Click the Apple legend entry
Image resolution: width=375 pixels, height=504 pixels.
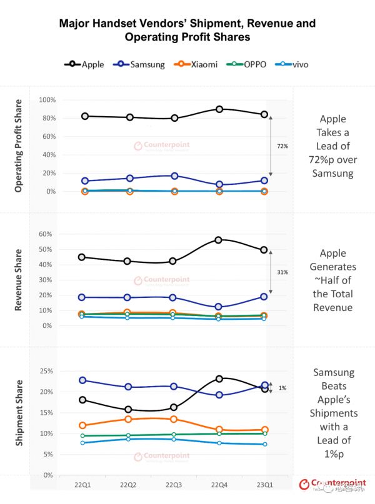84,64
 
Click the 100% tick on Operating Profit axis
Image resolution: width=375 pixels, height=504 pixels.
47,100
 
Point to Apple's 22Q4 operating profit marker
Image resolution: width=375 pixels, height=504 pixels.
219,109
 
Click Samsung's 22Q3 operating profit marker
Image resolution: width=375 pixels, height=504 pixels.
175,176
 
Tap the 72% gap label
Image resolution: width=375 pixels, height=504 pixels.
282,146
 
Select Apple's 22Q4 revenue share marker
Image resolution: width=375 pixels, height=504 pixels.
219,240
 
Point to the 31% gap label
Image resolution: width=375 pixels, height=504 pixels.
282,272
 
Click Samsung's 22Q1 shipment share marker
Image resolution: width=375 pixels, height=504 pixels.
83,380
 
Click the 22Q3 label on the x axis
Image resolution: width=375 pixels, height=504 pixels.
174,485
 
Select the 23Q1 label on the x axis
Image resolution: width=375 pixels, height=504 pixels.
264,485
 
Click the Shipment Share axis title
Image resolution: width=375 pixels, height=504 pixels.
19,412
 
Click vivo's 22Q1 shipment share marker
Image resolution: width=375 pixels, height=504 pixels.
83,443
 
